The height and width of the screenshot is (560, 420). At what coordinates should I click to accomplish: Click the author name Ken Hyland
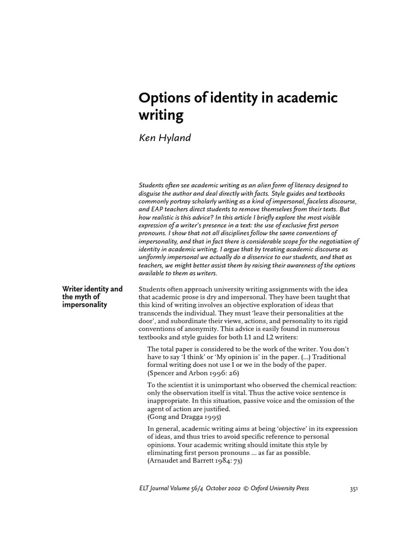tap(165, 138)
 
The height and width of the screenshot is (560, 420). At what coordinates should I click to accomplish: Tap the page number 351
tap(353, 489)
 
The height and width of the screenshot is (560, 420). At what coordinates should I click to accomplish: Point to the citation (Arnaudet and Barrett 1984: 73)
tap(194, 461)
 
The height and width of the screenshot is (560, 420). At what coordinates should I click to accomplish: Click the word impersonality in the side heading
tap(85, 305)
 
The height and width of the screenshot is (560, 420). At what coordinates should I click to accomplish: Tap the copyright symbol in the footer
tap(246, 488)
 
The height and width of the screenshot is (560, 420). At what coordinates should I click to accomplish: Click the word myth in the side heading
tap(82, 296)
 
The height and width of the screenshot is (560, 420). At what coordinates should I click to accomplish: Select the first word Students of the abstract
tap(151, 186)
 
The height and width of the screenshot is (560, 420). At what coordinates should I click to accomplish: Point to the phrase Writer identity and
tap(92, 288)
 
